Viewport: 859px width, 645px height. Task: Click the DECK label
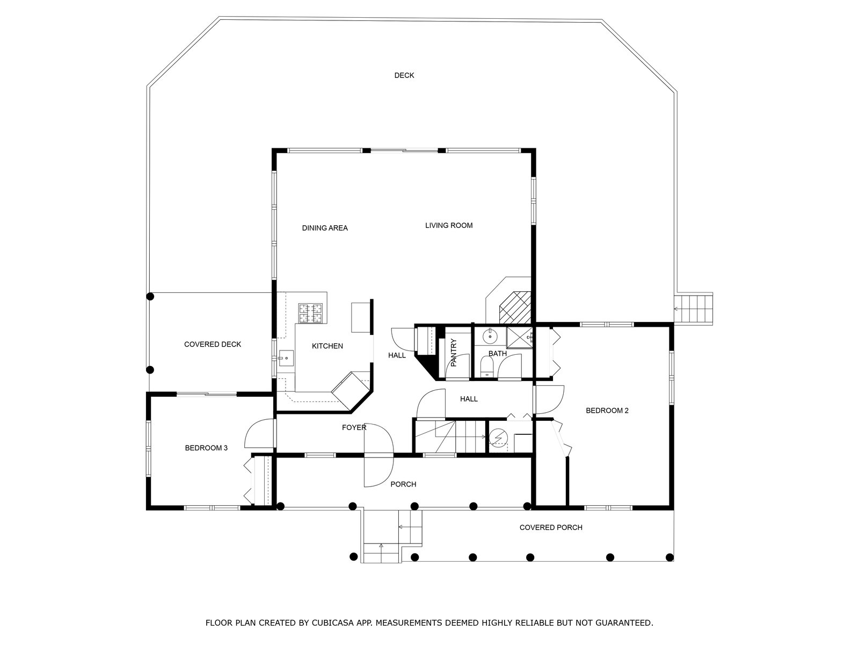404,75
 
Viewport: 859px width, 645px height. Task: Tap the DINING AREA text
325,228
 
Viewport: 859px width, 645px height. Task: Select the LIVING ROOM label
449,225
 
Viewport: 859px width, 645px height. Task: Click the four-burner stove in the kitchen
311,313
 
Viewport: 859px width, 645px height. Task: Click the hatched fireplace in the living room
515,307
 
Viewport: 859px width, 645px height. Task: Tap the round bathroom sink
490,336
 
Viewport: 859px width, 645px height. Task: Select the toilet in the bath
487,369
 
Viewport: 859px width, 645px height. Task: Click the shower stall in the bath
520,338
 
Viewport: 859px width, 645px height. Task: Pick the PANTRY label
454,353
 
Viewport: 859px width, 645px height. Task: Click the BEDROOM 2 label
607,411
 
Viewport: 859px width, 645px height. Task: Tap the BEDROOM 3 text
206,448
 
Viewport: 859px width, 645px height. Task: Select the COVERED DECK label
213,344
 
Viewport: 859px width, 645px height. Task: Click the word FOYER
354,427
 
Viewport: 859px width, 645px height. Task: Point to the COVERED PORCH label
551,527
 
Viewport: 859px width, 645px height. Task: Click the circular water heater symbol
498,438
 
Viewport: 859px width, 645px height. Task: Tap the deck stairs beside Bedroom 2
693,309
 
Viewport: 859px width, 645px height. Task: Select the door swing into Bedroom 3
258,434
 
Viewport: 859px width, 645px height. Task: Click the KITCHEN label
327,346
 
